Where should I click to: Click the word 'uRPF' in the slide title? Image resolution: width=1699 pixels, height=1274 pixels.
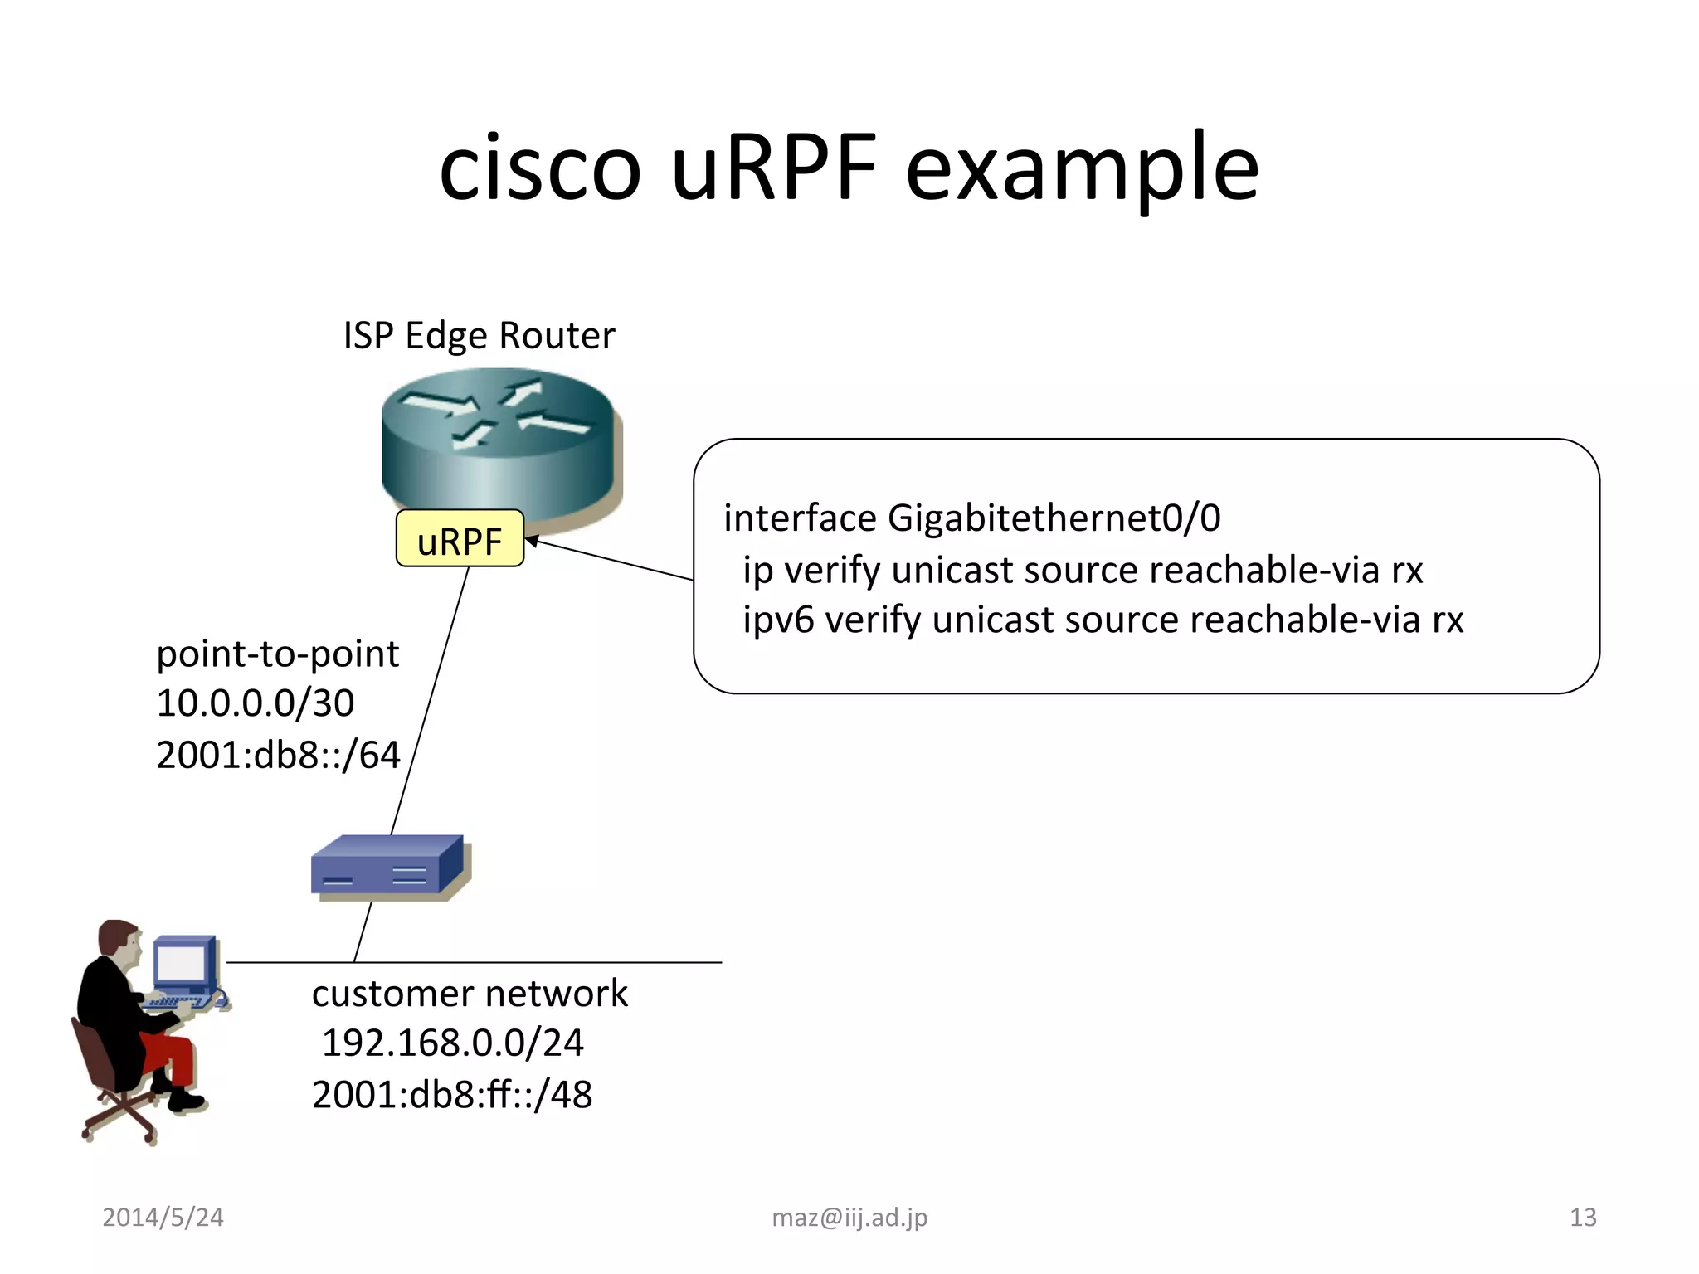773,169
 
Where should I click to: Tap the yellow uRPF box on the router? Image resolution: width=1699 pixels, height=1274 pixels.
460,539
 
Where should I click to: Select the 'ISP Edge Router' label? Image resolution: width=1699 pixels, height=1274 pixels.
479,336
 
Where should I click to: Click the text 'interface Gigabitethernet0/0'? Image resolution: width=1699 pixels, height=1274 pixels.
971,518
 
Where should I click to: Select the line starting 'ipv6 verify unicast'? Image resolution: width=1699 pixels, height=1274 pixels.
1103,620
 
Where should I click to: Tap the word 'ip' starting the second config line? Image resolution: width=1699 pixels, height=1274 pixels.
757,571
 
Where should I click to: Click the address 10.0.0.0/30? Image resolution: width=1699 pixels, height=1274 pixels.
256,703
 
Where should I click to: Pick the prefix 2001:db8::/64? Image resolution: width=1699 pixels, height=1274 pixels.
278,755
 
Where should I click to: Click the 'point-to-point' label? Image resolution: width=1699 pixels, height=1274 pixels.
278,654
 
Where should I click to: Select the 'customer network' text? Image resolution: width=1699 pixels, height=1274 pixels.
470,994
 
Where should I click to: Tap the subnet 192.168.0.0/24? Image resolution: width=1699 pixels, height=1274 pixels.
452,1043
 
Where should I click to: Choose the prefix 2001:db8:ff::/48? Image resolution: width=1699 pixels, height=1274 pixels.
452,1095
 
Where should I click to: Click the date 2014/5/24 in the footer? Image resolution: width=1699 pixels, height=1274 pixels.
163,1218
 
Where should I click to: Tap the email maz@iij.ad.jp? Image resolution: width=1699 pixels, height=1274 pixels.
849,1218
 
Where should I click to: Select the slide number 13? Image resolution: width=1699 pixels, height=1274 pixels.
1583,1218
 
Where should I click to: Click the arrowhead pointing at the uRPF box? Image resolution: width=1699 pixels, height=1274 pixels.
532,541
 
